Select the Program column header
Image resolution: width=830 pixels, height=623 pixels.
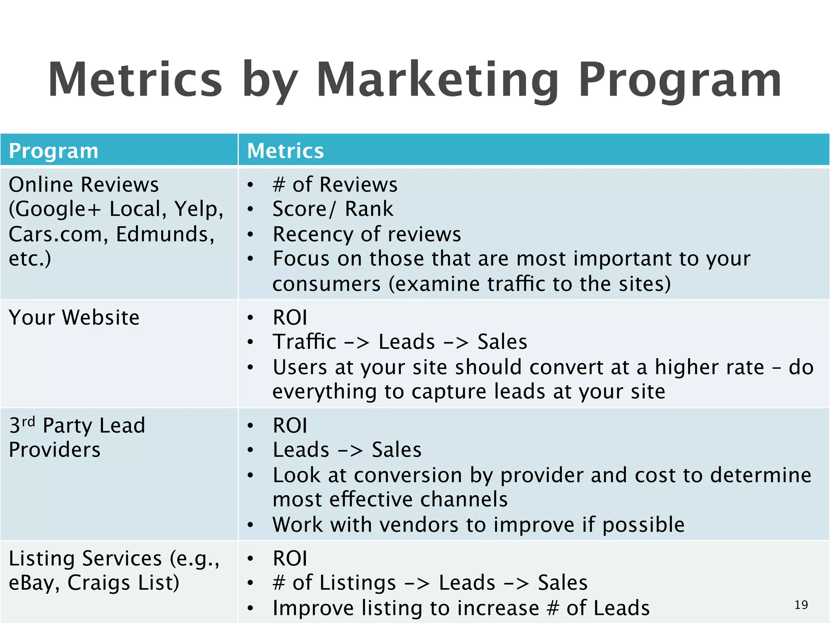[53, 151]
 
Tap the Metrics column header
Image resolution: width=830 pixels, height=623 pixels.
[285, 151]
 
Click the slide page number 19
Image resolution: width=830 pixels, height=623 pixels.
[801, 605]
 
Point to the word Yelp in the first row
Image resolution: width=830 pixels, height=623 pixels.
[199, 209]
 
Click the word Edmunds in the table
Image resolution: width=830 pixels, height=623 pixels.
[165, 234]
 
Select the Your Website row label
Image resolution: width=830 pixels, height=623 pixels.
[74, 317]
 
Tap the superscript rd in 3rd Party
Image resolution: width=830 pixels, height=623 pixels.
[28, 421]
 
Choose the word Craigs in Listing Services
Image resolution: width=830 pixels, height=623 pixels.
[99, 583]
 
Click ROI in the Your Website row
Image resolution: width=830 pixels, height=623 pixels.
[290, 317]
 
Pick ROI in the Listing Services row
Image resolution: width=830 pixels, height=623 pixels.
[290, 558]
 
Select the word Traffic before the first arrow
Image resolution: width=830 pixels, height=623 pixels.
[304, 342]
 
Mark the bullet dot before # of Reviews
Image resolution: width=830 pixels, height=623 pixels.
[250, 185]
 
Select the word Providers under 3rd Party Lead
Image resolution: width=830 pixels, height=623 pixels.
[54, 450]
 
